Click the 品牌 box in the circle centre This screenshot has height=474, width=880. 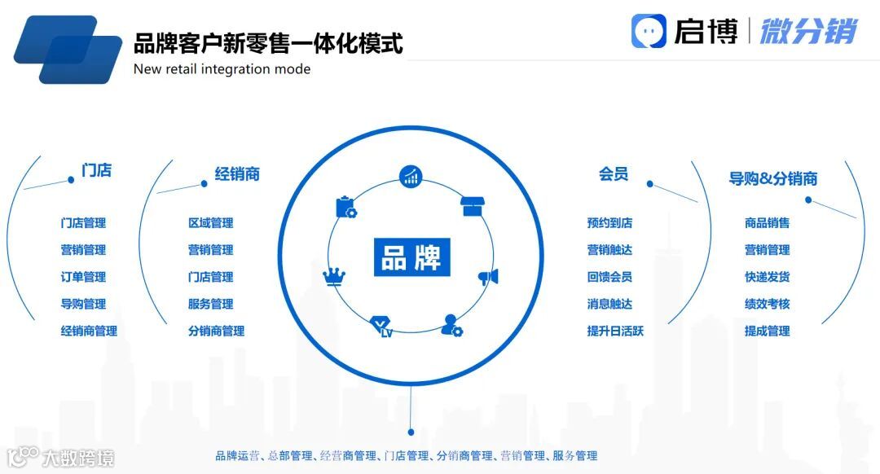pos(411,257)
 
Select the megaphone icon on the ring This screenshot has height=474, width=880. pos(488,277)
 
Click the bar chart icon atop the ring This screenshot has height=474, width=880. pos(410,176)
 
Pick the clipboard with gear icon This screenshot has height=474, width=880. pos(346,207)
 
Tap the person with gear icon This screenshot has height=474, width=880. pos(451,326)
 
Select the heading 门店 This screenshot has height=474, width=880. pos(96,171)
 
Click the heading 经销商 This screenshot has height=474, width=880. pos(237,173)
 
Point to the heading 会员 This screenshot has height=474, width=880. pos(614,173)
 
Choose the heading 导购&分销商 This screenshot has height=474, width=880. pos(772,179)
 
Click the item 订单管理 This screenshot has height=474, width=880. pos(83,277)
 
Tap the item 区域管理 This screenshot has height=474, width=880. pos(210,223)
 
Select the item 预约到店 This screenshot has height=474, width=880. pos(609,223)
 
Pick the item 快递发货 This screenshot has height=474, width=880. pos(767,277)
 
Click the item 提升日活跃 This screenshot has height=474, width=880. pos(615,331)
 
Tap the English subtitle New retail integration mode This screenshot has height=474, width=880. pos(222,69)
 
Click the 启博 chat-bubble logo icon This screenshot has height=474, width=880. pos(649,31)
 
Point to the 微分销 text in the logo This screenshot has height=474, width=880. pos(808,31)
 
